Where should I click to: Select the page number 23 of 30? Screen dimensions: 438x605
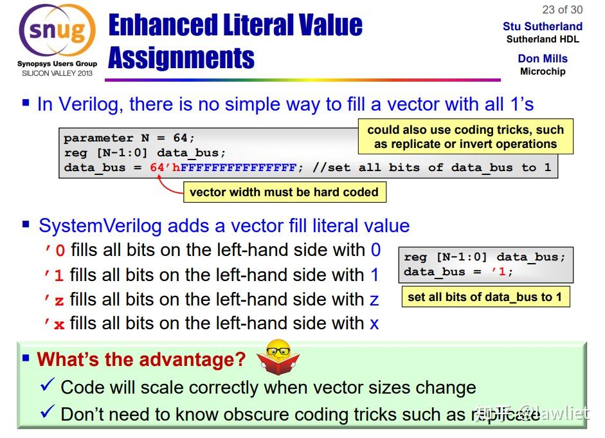pyautogui.click(x=562, y=9)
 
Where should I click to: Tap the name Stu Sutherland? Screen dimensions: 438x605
pyautogui.click(x=542, y=26)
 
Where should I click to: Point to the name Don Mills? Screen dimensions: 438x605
pyautogui.click(x=542, y=59)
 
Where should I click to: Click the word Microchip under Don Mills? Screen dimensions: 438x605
pyautogui.click(x=542, y=71)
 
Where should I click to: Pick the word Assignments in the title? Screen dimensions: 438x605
pyautogui.click(x=181, y=58)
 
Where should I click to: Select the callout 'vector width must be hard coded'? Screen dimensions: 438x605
pyautogui.click(x=284, y=192)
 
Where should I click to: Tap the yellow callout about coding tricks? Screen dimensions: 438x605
pyautogui.click(x=465, y=136)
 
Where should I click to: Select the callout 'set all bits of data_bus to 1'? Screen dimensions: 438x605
pyautogui.click(x=485, y=297)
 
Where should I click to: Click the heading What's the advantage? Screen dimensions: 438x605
pyautogui.click(x=141, y=359)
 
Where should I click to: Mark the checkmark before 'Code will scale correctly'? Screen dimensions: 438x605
pyautogui.click(x=47, y=387)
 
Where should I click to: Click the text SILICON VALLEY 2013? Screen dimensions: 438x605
pyautogui.click(x=57, y=73)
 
